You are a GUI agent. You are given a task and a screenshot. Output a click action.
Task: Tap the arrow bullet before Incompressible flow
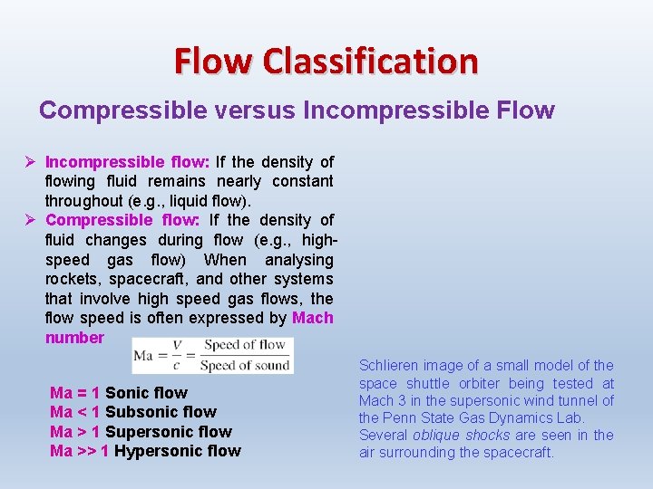click(x=30, y=162)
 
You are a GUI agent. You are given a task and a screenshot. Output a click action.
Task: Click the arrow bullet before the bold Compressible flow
click(x=30, y=220)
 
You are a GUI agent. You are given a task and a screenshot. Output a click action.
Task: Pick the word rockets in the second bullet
click(x=72, y=279)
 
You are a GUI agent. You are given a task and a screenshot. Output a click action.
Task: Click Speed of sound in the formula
click(x=244, y=365)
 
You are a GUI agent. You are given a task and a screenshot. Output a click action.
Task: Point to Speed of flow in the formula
click(x=244, y=345)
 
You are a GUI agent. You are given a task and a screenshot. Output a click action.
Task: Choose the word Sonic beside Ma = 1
click(x=126, y=393)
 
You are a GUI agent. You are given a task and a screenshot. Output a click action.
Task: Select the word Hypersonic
click(x=155, y=451)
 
